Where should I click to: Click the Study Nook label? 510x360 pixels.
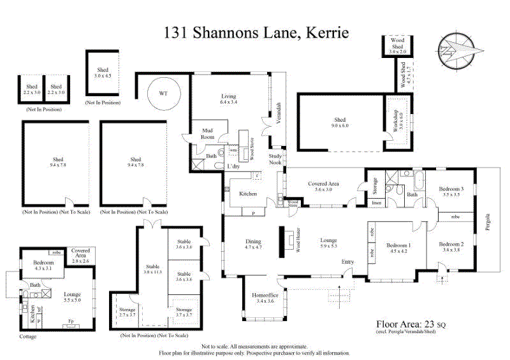(275, 158)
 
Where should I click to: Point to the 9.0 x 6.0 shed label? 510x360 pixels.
(340, 122)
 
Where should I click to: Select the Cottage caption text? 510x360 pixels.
(28, 336)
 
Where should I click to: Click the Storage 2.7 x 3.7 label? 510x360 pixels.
(127, 312)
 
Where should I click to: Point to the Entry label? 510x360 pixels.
(347, 262)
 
